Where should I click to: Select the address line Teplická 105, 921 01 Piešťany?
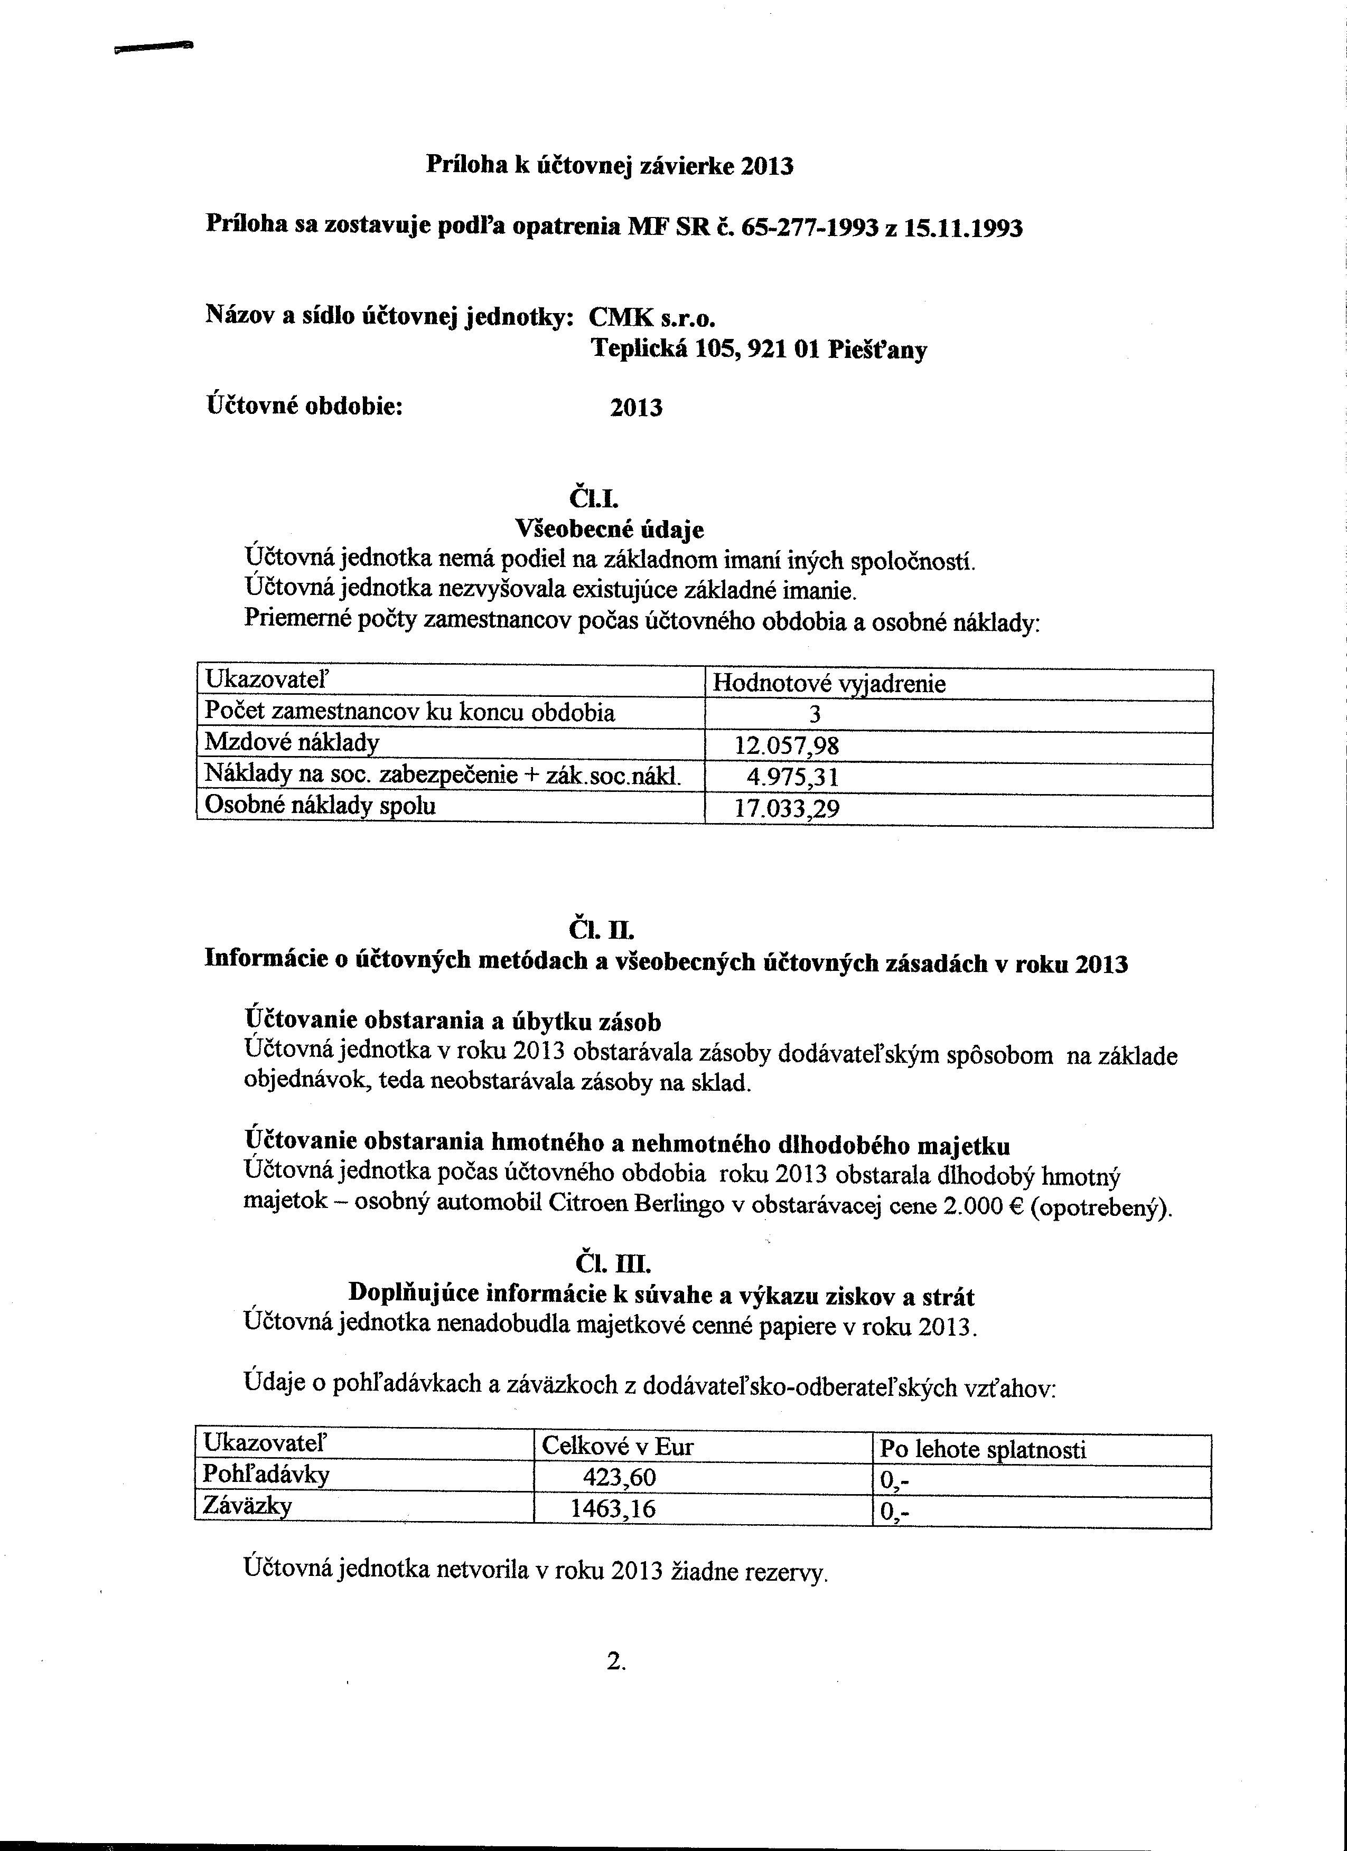759,350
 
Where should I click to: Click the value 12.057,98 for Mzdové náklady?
786,745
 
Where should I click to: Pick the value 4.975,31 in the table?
792,776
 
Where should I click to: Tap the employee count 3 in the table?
814,714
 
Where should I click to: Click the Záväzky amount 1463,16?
612,1508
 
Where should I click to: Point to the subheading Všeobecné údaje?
609,530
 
